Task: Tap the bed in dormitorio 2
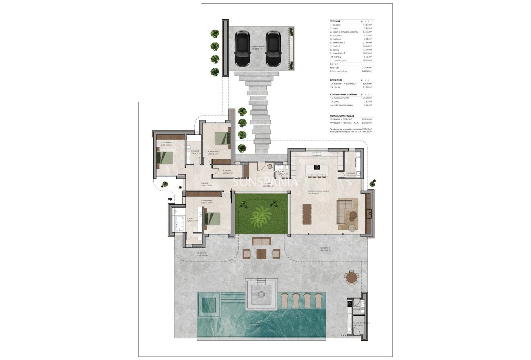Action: point(222,138)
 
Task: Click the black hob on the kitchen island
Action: point(317,167)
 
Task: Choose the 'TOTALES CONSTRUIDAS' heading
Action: point(342,115)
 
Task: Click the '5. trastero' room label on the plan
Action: point(227,171)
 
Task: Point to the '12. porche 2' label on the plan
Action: point(325,248)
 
